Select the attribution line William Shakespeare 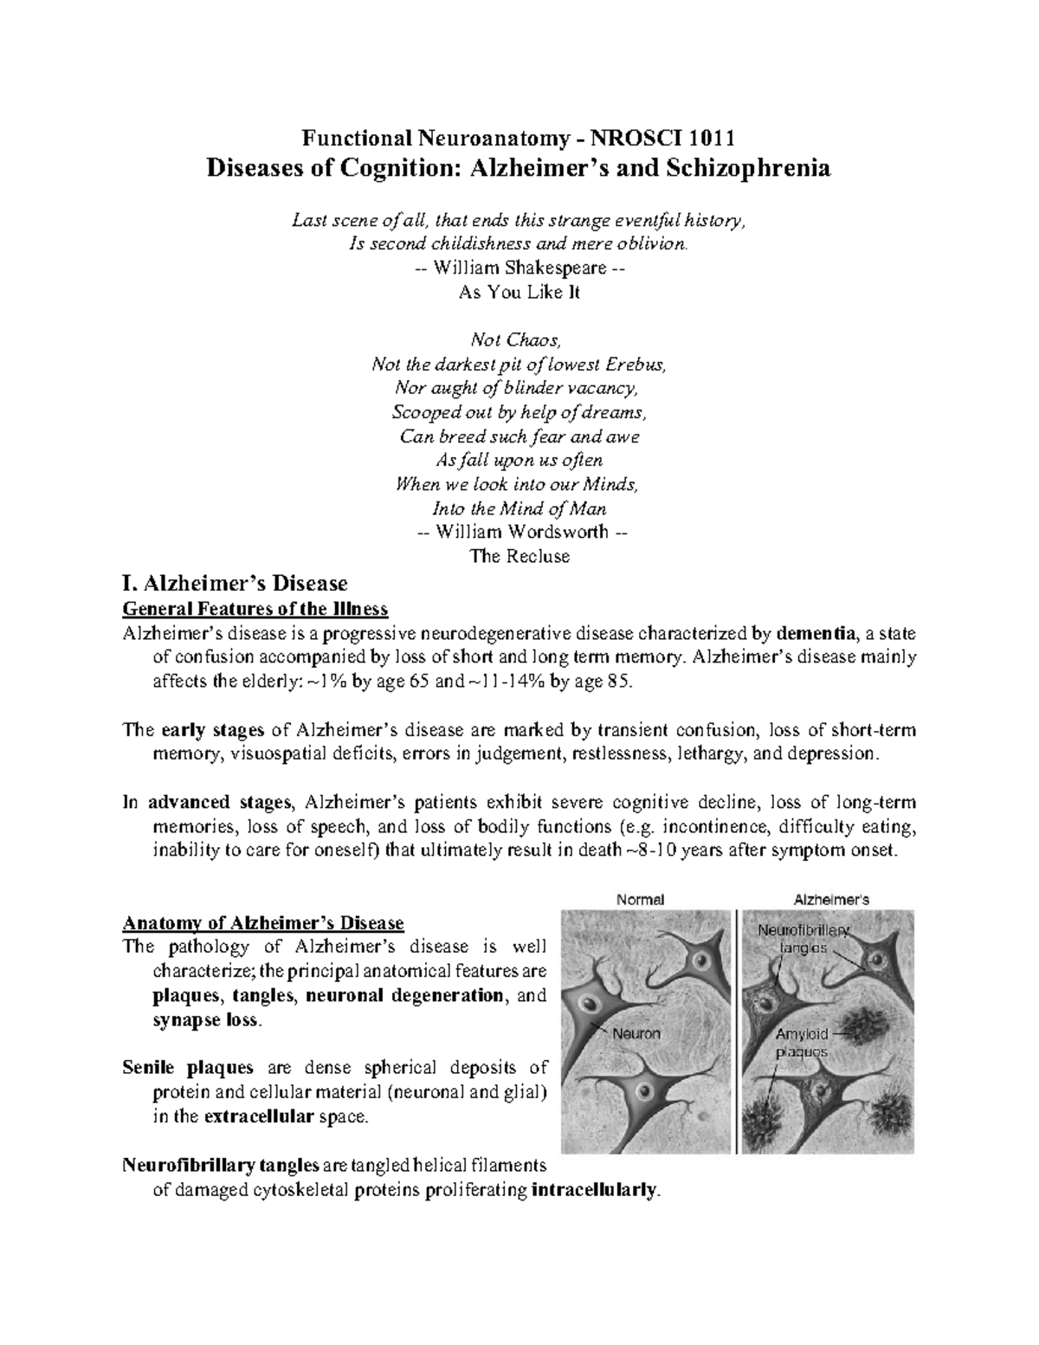(x=519, y=268)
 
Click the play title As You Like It (x=519, y=292)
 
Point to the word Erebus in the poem (x=639, y=364)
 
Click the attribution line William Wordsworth (x=519, y=532)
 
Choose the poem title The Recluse (x=519, y=556)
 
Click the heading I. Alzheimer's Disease (x=236, y=583)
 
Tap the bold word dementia (x=815, y=633)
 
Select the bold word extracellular (x=258, y=1116)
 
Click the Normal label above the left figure (x=640, y=899)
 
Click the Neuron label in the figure (x=636, y=1033)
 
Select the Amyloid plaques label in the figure (x=802, y=1043)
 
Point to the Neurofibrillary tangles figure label (x=803, y=939)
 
